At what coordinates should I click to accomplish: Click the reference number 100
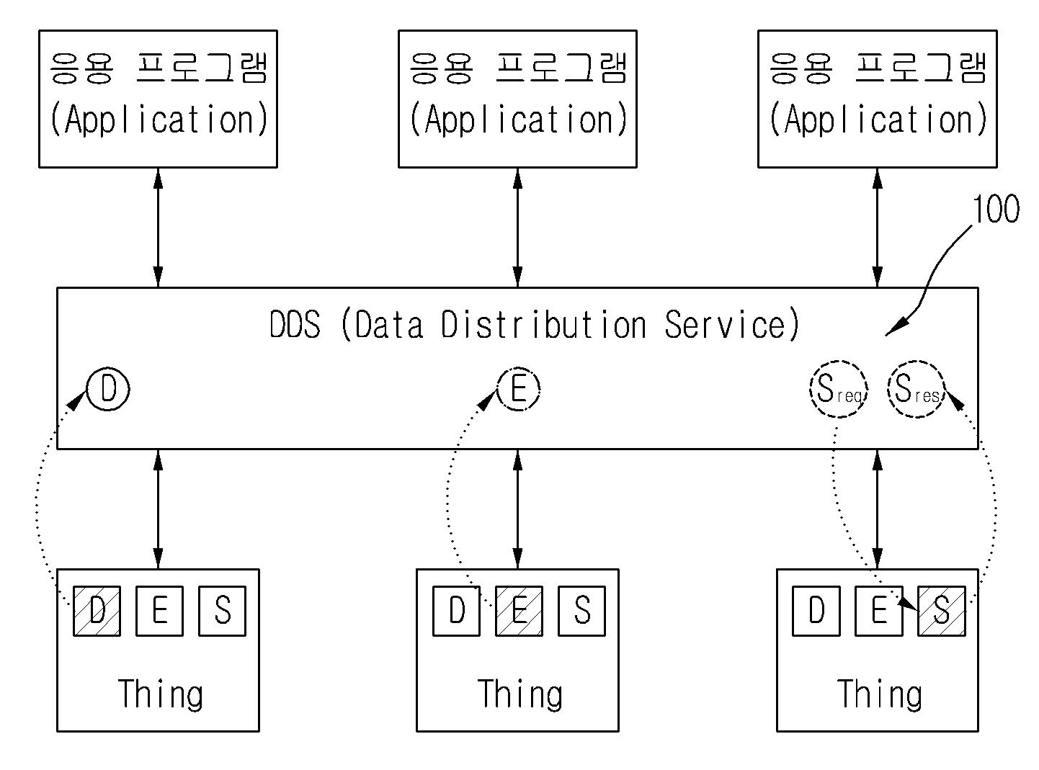[996, 209]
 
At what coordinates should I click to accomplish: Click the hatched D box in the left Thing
[97, 611]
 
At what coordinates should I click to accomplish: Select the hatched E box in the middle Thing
[519, 611]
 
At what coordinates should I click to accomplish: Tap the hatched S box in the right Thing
[942, 611]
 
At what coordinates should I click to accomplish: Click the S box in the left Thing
[222, 611]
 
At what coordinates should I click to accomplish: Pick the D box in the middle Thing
[456, 611]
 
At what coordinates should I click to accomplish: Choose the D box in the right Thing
[816, 611]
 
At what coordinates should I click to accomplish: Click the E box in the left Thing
[160, 611]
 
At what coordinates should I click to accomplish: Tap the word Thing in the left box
[161, 694]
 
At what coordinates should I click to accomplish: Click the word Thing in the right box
[880, 694]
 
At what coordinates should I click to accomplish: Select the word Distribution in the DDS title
[544, 324]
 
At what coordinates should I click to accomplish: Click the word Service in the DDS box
[725, 324]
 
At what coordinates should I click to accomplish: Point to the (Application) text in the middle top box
[518, 120]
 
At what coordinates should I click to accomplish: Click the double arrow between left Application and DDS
[159, 228]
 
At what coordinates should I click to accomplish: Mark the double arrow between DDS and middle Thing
[517, 509]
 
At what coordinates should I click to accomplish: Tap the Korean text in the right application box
[878, 68]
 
